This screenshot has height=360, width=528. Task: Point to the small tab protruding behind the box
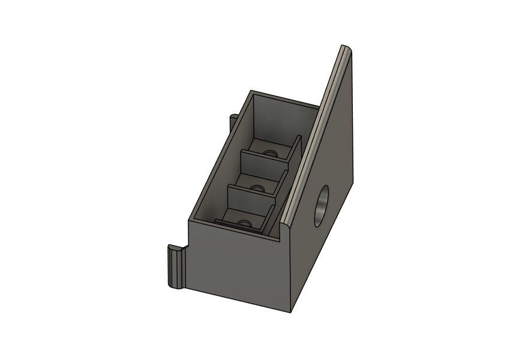[233, 120]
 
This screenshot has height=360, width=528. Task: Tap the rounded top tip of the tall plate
[344, 47]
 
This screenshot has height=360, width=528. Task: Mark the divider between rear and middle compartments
[264, 161]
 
